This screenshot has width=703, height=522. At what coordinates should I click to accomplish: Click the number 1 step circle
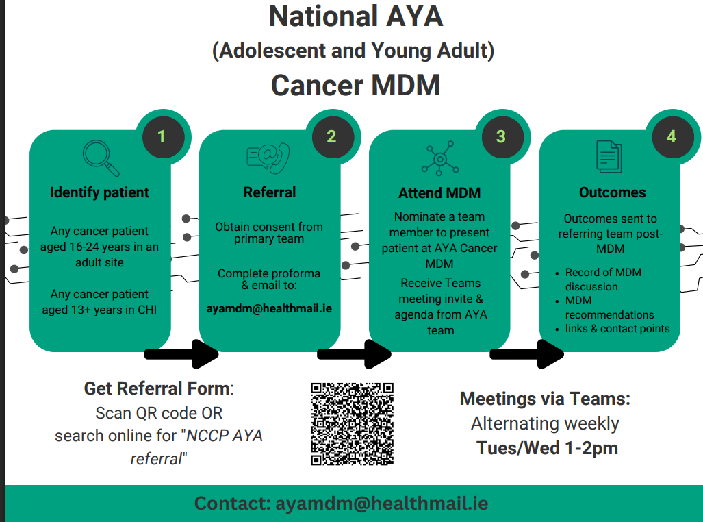point(162,137)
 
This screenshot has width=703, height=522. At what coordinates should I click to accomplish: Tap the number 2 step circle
point(331,137)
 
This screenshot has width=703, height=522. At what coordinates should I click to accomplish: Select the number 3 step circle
point(501,137)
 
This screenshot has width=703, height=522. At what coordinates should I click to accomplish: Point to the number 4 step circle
point(671,137)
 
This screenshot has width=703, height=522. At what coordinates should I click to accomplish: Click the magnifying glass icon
point(100,158)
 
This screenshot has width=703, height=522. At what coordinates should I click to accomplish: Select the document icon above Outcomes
point(609,157)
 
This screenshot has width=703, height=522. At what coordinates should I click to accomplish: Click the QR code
point(353,424)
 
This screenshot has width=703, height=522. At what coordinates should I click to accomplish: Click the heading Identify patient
point(99,192)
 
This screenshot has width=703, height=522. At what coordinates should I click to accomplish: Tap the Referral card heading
point(270,192)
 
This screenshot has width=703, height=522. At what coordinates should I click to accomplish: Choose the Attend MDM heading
point(439,193)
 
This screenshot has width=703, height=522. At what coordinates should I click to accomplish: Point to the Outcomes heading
point(612,192)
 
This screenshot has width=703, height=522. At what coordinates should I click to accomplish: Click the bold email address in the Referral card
point(269,308)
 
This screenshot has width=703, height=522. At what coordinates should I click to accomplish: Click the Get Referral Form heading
point(157,388)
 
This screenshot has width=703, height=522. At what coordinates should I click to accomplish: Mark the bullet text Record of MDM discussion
point(603,279)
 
